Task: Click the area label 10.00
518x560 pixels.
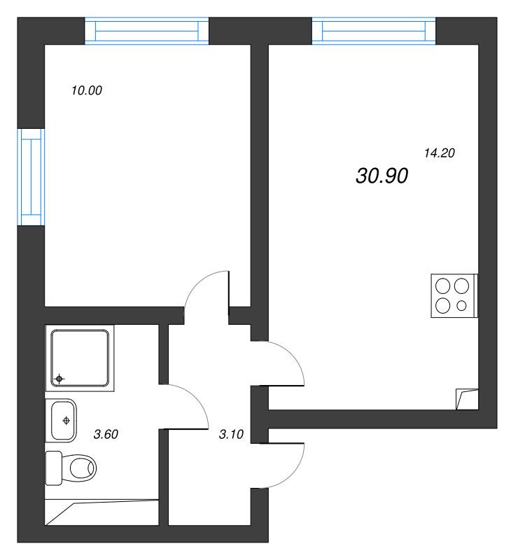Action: (87, 90)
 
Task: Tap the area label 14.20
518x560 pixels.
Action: (440, 153)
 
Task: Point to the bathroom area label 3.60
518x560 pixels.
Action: (106, 434)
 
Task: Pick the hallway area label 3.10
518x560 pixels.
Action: (231, 434)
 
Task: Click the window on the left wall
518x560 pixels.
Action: (31, 177)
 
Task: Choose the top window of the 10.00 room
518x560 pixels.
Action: (147, 31)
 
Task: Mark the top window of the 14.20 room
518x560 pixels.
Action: (374, 31)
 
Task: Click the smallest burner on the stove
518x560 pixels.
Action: (461, 305)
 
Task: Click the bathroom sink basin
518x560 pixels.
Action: (62, 420)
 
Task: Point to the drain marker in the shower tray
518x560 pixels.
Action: (59, 379)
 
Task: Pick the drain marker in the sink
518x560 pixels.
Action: (66, 420)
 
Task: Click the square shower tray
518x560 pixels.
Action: (79, 357)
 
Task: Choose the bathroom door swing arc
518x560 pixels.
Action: (189, 406)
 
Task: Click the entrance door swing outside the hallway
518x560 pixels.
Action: (283, 465)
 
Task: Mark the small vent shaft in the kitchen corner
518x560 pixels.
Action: (466, 399)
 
